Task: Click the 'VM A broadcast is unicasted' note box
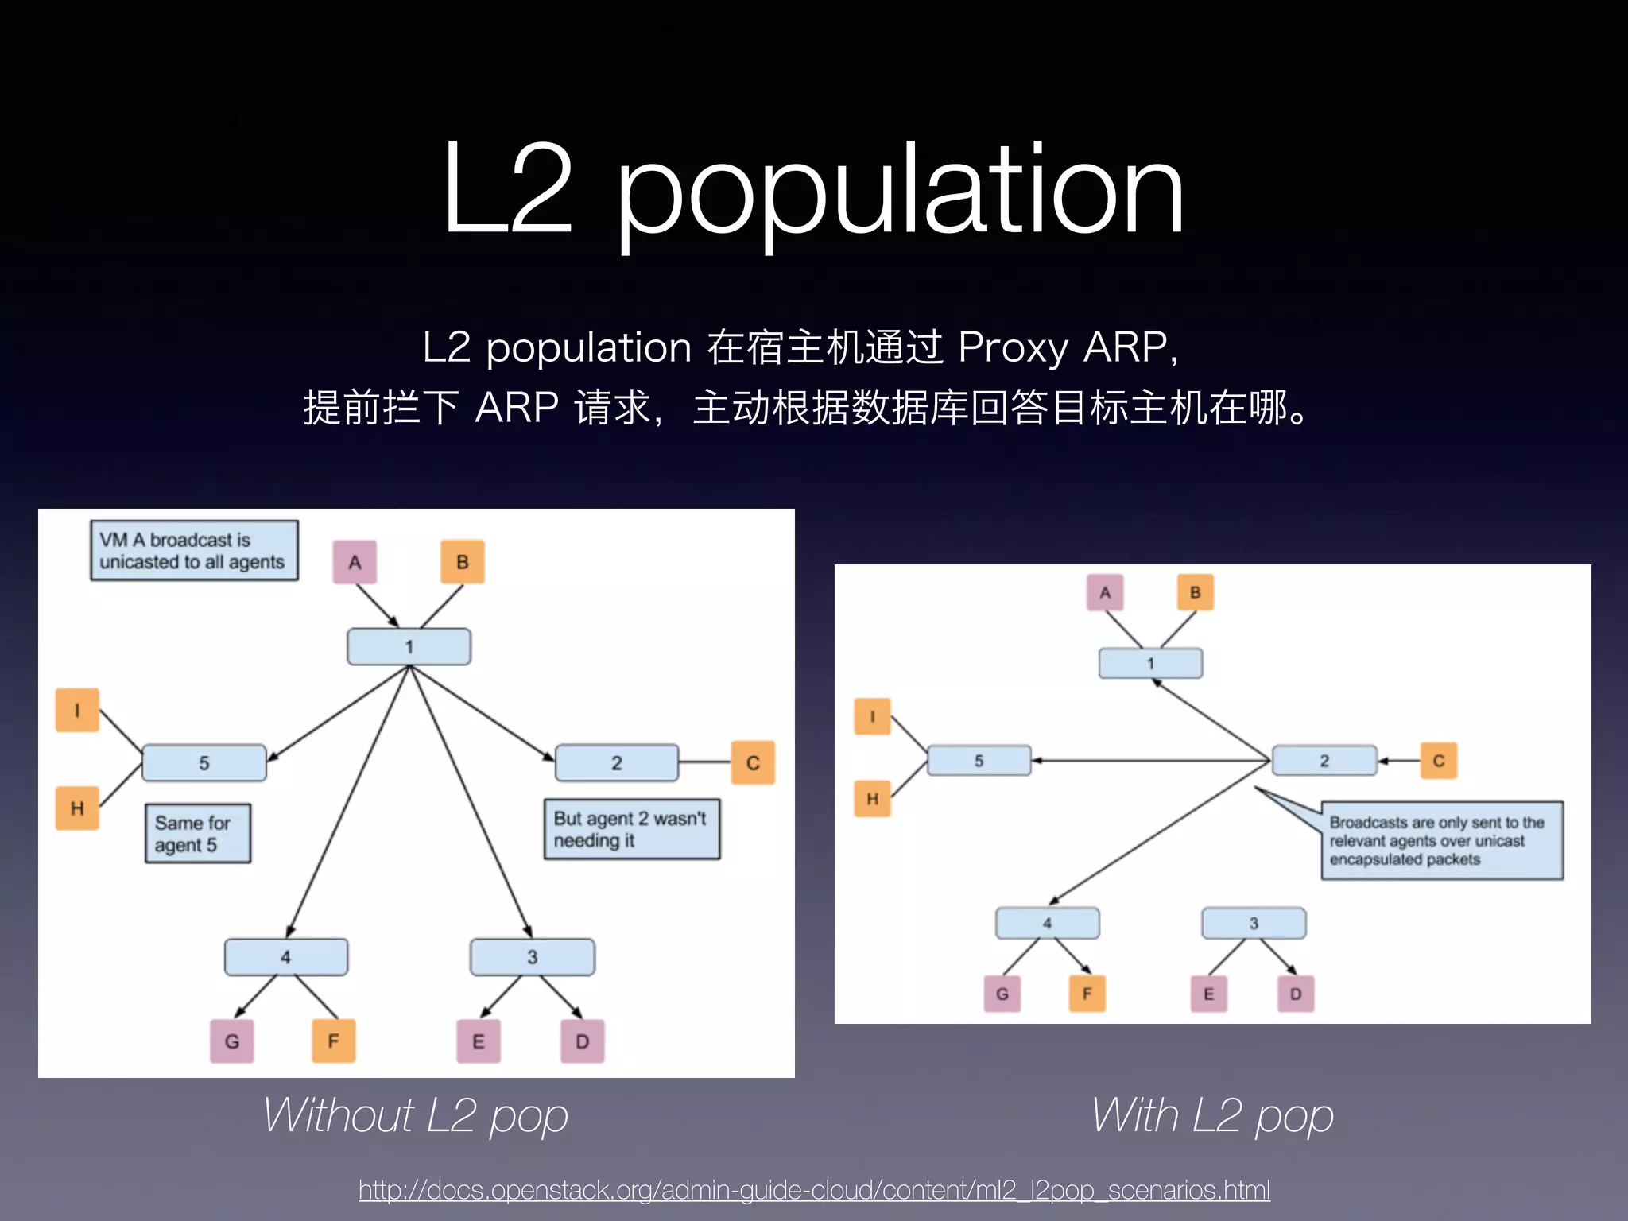[193, 551]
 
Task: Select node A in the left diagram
[355, 562]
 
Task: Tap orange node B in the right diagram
[1195, 592]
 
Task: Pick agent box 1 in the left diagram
[409, 646]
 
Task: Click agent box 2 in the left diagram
[616, 763]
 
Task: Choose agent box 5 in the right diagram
[979, 761]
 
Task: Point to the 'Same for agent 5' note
[197, 833]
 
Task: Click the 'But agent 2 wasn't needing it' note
[631, 829]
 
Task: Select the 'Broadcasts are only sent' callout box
[1441, 840]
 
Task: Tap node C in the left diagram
[753, 763]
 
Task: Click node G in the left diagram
[231, 1041]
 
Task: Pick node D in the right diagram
[1296, 994]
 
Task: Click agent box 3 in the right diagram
[1254, 923]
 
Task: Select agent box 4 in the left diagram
[285, 957]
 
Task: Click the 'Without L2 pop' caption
[416, 1115]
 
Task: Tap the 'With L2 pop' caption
[1212, 1115]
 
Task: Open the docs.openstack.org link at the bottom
[814, 1190]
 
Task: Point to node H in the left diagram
[77, 808]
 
